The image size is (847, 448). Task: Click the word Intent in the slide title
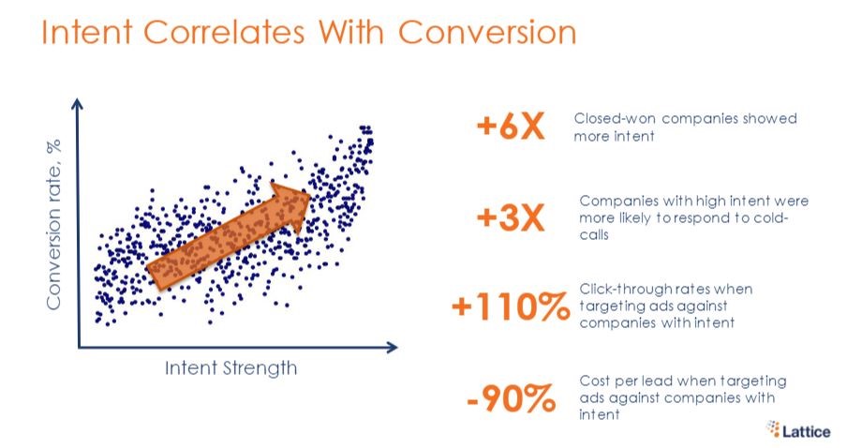point(87,32)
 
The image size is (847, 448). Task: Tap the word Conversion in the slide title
point(487,32)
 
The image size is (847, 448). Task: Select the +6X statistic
point(511,127)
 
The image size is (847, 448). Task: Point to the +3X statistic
point(511,217)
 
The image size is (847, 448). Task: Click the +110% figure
point(511,306)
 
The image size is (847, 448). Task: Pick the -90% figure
point(511,398)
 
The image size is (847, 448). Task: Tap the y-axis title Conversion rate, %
point(53,224)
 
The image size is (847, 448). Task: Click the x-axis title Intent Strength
point(230,368)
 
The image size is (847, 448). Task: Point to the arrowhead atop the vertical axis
point(78,104)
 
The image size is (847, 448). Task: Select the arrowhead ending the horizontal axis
point(392,347)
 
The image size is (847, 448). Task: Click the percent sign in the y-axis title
point(53,146)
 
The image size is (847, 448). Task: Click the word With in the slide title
point(351,32)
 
